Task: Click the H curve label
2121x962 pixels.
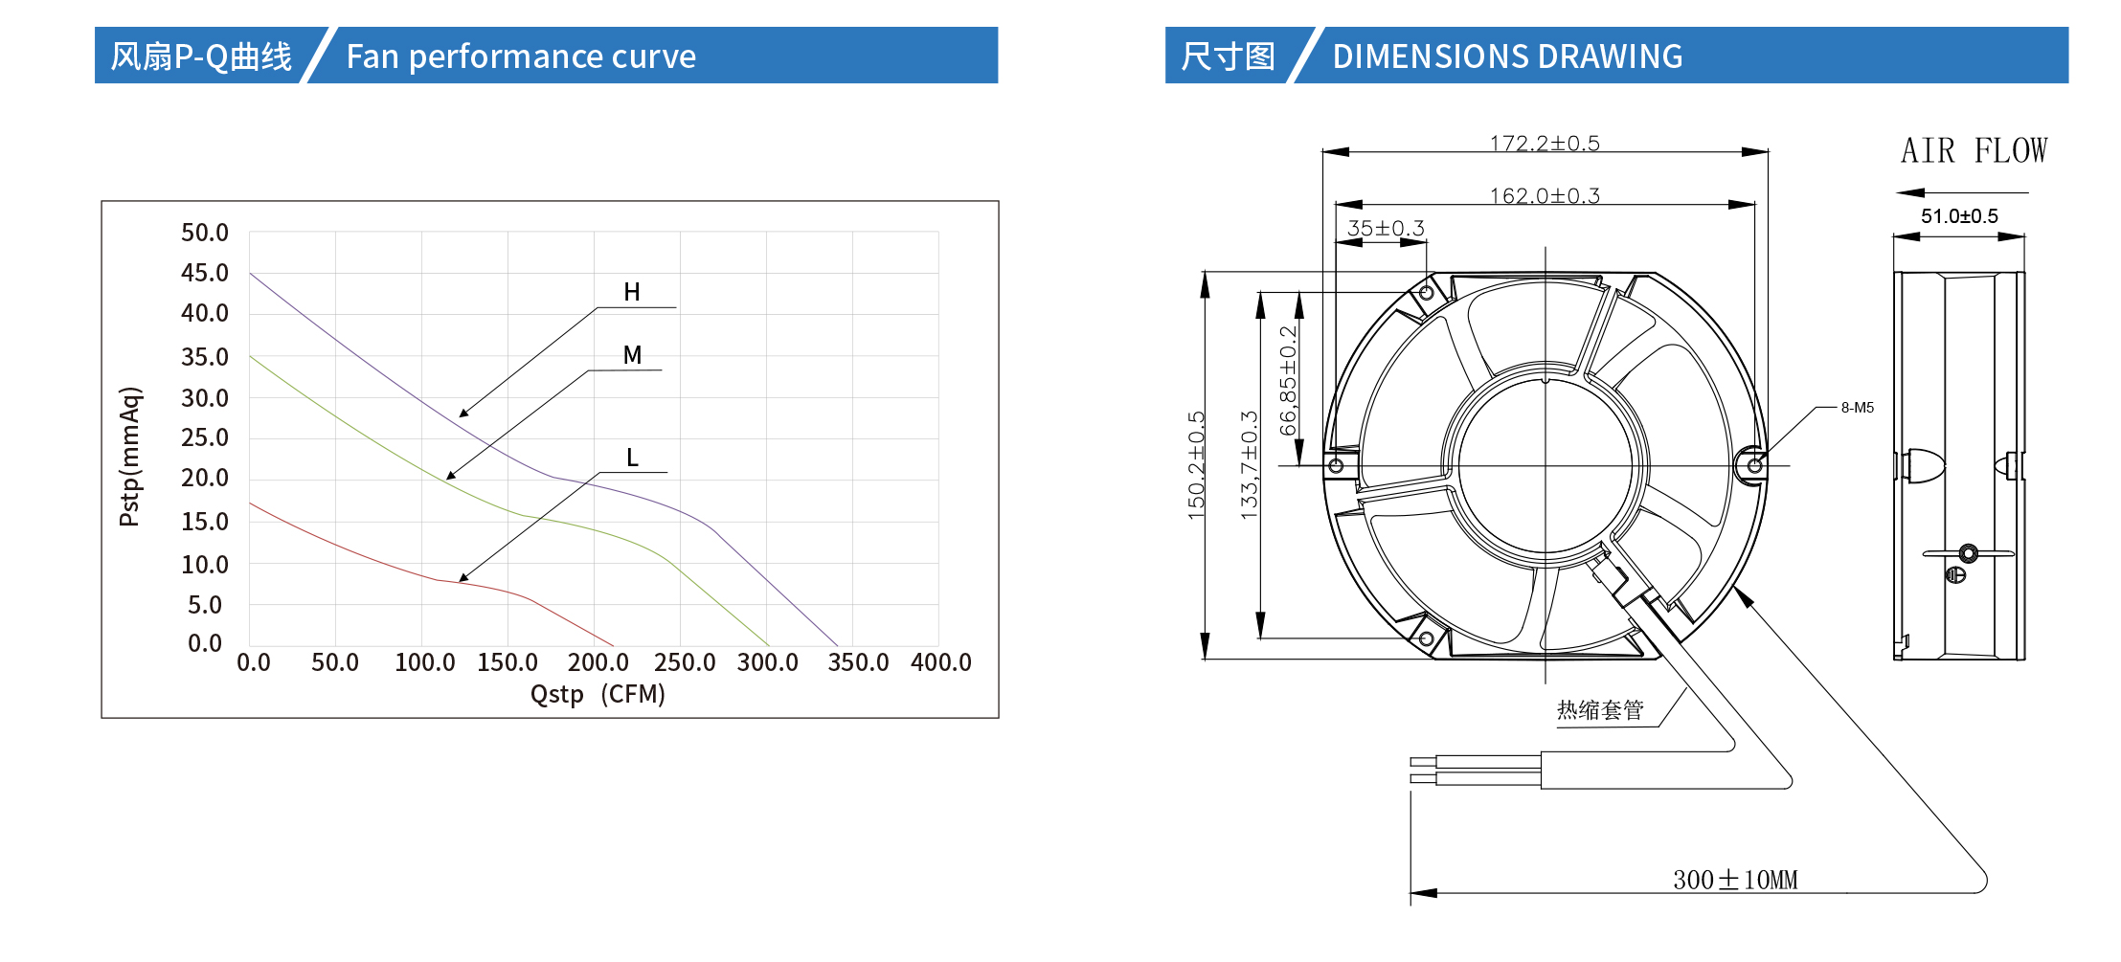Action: (632, 292)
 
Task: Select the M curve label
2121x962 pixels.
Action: (632, 355)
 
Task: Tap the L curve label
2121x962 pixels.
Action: (632, 458)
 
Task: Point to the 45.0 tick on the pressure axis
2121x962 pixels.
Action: (205, 273)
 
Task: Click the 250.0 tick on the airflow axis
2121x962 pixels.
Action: (685, 662)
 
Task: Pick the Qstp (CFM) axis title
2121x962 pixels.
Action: (598, 694)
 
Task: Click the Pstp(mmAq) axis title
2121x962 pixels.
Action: (130, 457)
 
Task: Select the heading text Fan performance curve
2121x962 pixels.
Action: (521, 56)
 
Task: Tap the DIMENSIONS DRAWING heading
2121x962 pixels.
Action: (1507, 56)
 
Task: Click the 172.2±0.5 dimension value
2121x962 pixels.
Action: (1545, 144)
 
